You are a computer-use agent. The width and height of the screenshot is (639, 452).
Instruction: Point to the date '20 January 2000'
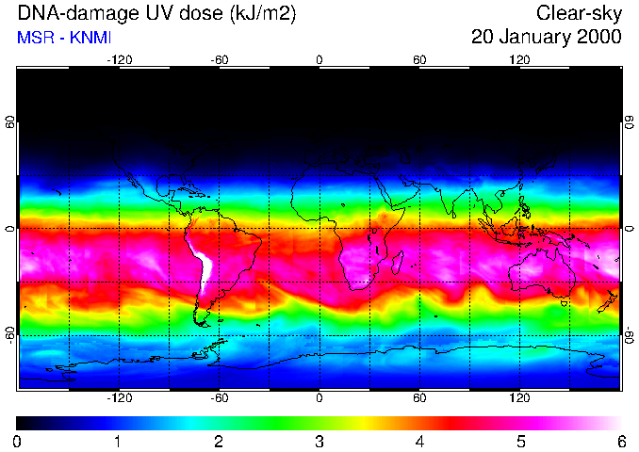pos(547,38)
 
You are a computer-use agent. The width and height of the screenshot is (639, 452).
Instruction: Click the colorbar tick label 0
pos(17,441)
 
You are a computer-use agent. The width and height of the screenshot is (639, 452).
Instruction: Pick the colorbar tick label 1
pos(117,441)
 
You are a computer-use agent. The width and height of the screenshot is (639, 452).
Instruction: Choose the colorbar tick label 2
pos(218,441)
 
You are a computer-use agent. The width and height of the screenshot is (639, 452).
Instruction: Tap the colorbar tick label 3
pos(319,441)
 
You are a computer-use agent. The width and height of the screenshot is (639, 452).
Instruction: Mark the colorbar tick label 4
pos(419,441)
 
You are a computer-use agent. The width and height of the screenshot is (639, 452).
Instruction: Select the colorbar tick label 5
pos(519,441)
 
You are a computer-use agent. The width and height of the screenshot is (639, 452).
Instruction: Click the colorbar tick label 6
pos(620,441)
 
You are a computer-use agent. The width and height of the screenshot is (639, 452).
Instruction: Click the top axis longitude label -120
pos(119,60)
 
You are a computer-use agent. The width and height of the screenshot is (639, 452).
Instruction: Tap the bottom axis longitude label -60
pos(219,398)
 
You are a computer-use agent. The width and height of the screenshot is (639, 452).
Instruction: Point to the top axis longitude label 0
pos(319,60)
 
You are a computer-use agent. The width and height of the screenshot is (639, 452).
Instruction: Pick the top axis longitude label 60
pos(419,60)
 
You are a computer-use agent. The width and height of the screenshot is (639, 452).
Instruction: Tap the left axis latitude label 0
pos(10,229)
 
